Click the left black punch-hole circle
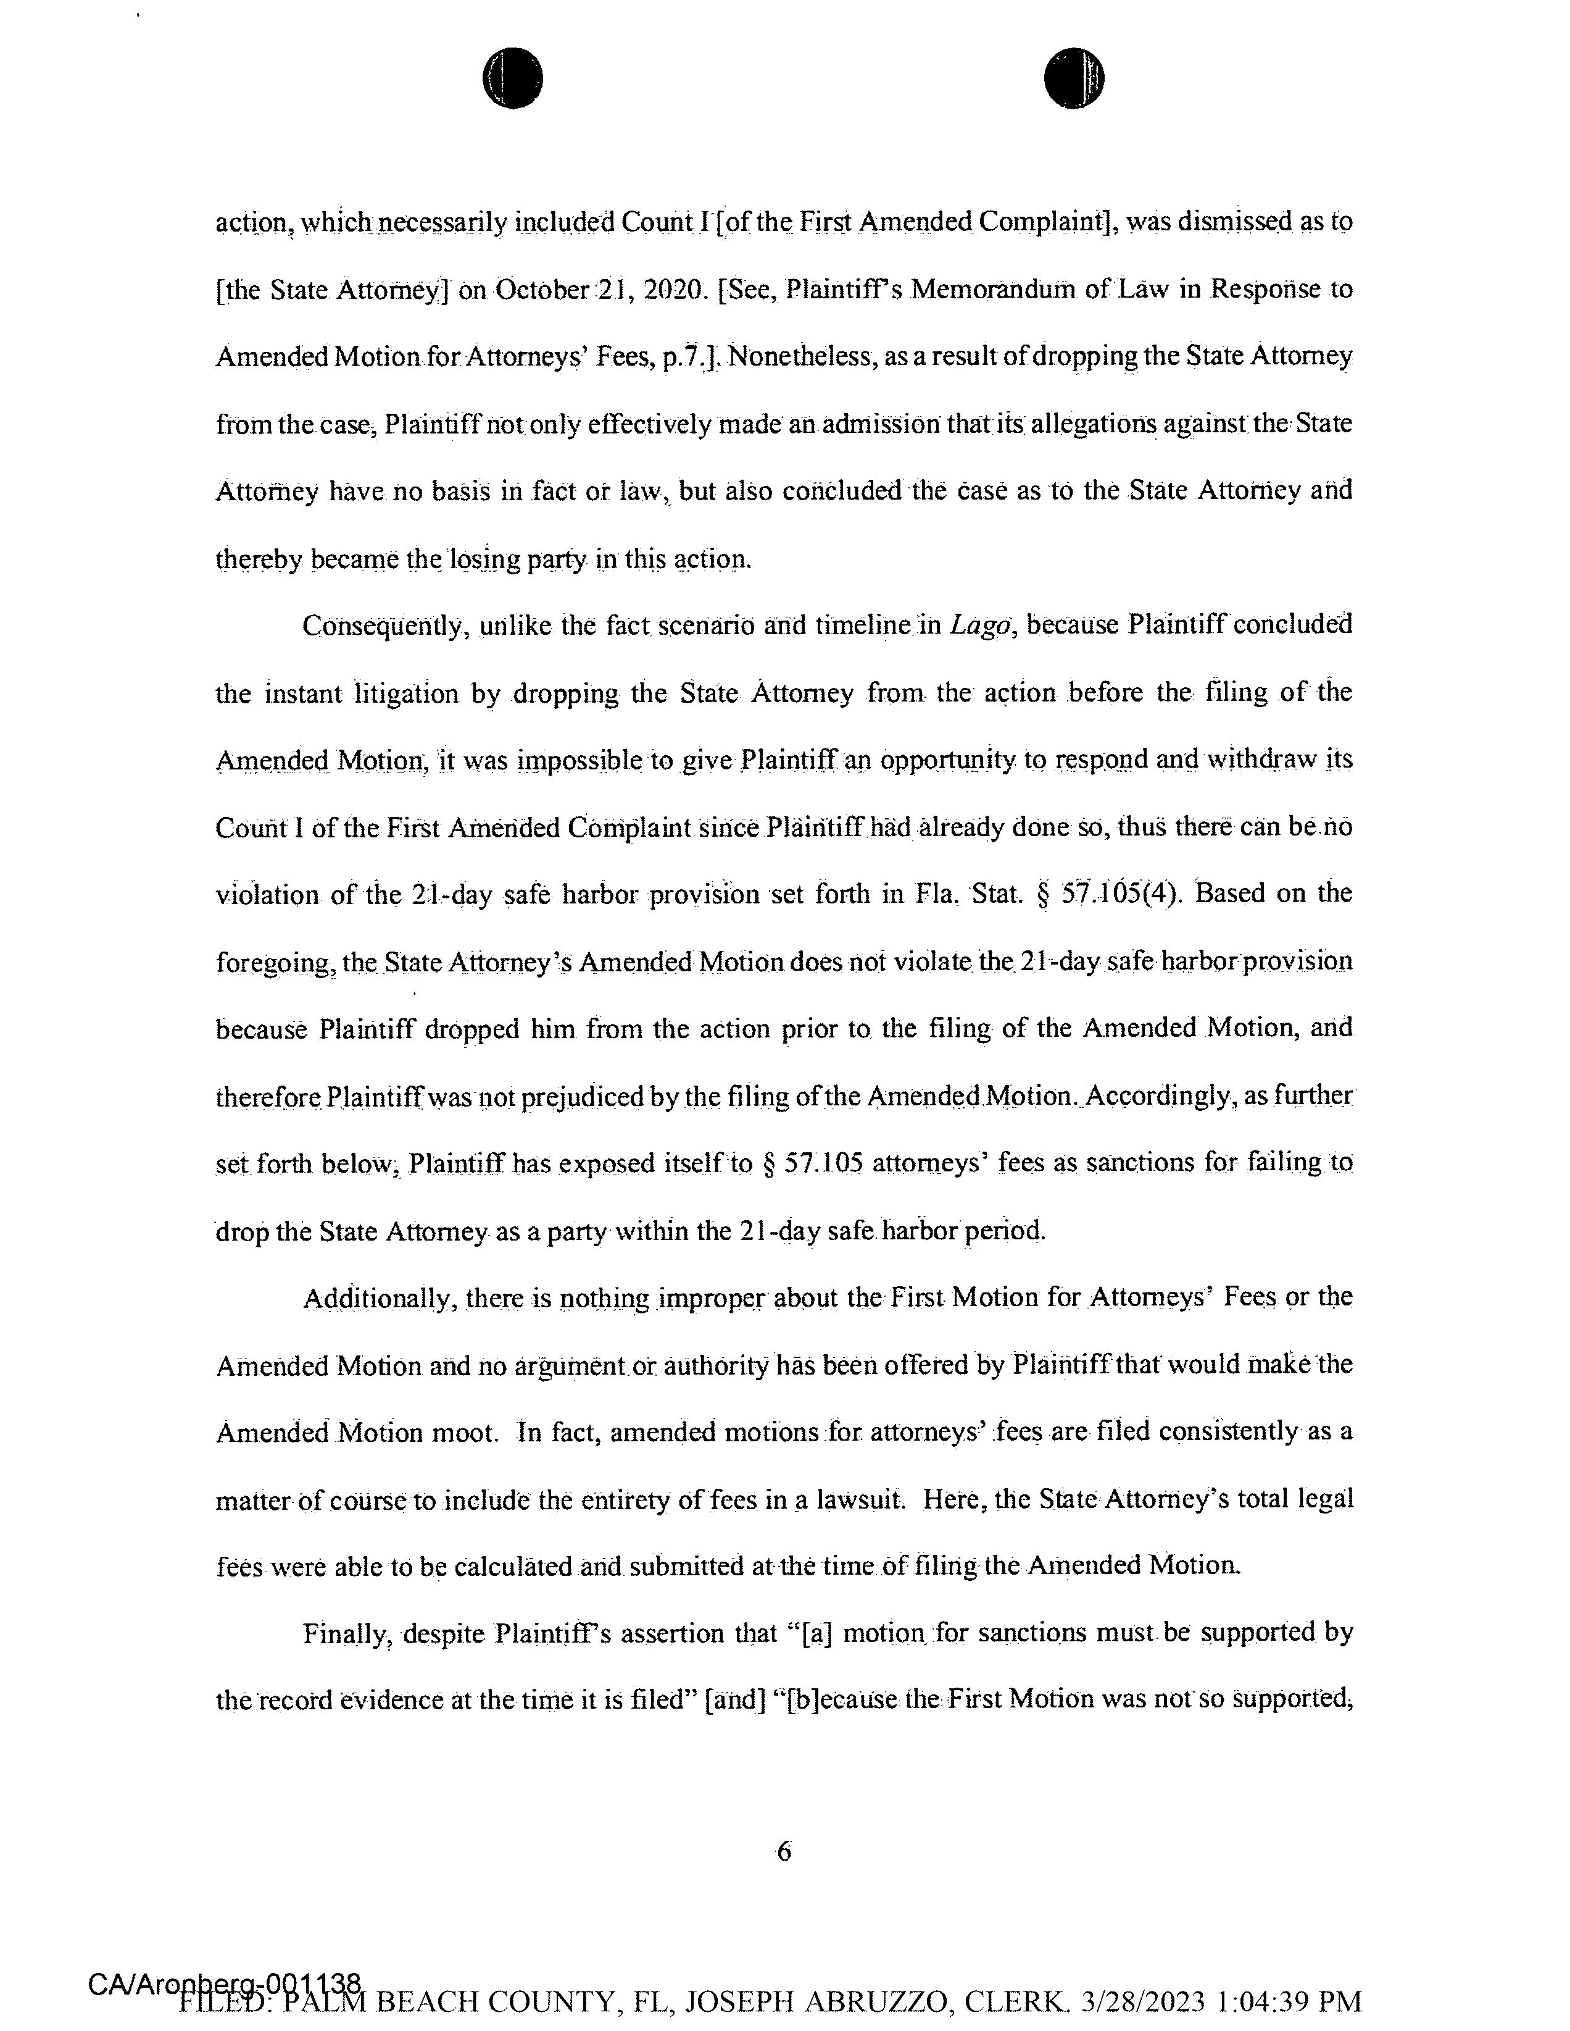[512, 78]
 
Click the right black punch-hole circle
[1074, 78]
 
